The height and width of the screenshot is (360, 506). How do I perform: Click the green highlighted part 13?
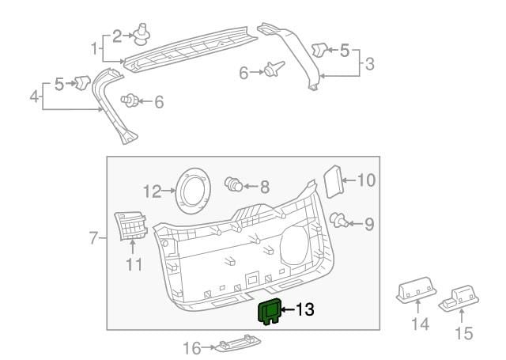tap(269, 311)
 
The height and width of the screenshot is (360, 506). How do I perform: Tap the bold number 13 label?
tap(304, 309)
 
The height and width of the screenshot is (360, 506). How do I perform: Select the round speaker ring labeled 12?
tap(193, 191)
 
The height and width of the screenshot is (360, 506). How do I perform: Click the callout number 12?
tap(152, 191)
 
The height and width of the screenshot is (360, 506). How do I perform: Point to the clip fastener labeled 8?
tap(233, 184)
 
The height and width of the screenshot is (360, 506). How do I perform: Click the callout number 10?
tap(366, 180)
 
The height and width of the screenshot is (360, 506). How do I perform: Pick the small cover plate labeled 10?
tap(333, 181)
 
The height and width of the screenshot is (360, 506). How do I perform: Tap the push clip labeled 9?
tap(338, 220)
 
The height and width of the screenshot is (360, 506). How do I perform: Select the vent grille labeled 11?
tap(130, 226)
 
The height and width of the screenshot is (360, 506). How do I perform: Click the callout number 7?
tap(93, 238)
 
